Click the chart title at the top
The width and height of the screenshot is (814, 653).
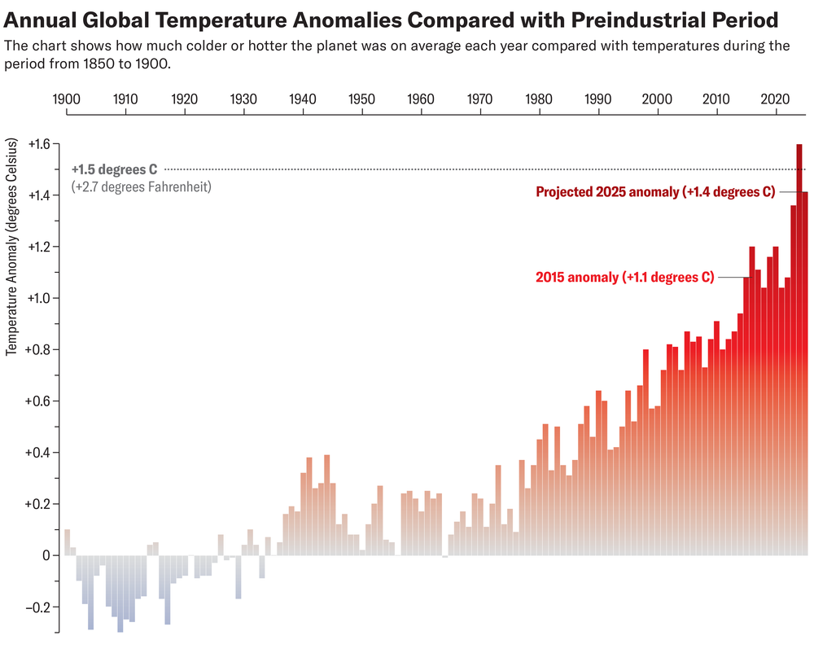(391, 19)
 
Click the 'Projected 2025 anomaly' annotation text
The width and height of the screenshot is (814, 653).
(654, 192)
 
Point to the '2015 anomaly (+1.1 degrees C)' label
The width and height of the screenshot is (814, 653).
(624, 278)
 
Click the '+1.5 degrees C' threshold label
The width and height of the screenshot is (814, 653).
(114, 169)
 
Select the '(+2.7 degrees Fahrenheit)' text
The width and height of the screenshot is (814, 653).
(141, 186)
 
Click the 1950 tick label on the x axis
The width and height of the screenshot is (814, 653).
(361, 99)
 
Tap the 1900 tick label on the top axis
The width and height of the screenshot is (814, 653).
(66, 99)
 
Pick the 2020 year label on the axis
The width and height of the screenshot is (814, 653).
(776, 99)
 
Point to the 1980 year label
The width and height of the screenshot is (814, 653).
(539, 99)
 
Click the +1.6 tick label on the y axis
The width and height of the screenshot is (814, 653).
(37, 144)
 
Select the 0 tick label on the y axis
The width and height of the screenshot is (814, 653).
(46, 555)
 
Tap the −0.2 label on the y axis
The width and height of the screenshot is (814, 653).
(37, 607)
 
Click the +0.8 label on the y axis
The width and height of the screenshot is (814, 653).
(37, 350)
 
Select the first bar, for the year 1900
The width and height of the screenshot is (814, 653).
(67, 542)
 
